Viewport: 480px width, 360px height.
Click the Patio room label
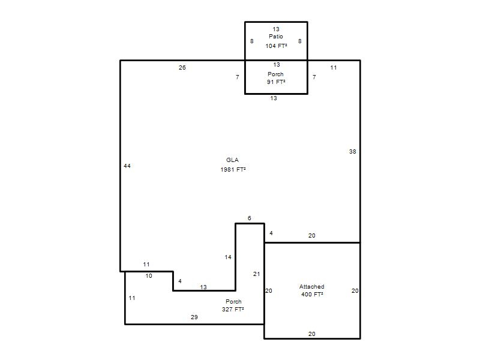click(x=276, y=37)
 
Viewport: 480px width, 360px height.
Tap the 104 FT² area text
click(x=276, y=46)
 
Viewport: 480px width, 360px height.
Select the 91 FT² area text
click(x=276, y=82)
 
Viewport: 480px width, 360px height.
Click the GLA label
click(x=232, y=160)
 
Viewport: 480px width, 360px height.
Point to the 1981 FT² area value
click(x=233, y=170)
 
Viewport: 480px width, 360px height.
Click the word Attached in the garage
click(x=311, y=287)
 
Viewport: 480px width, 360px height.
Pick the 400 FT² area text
click(x=312, y=295)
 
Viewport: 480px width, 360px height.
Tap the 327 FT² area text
click(x=233, y=310)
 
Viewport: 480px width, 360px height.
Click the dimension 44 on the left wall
click(x=127, y=166)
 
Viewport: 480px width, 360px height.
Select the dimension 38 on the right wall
click(x=353, y=152)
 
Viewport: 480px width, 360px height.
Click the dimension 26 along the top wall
click(x=182, y=68)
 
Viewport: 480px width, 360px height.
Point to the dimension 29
click(x=194, y=317)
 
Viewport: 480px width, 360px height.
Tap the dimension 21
click(x=257, y=274)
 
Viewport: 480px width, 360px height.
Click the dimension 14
click(x=228, y=257)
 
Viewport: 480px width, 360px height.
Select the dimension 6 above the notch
click(x=249, y=218)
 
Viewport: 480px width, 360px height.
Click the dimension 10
click(x=149, y=276)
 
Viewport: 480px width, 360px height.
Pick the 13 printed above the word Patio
click(x=276, y=29)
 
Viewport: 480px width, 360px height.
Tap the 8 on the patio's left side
click(x=251, y=41)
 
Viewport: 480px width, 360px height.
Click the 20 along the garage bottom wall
click(x=311, y=334)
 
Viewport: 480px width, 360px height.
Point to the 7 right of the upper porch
click(x=314, y=77)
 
